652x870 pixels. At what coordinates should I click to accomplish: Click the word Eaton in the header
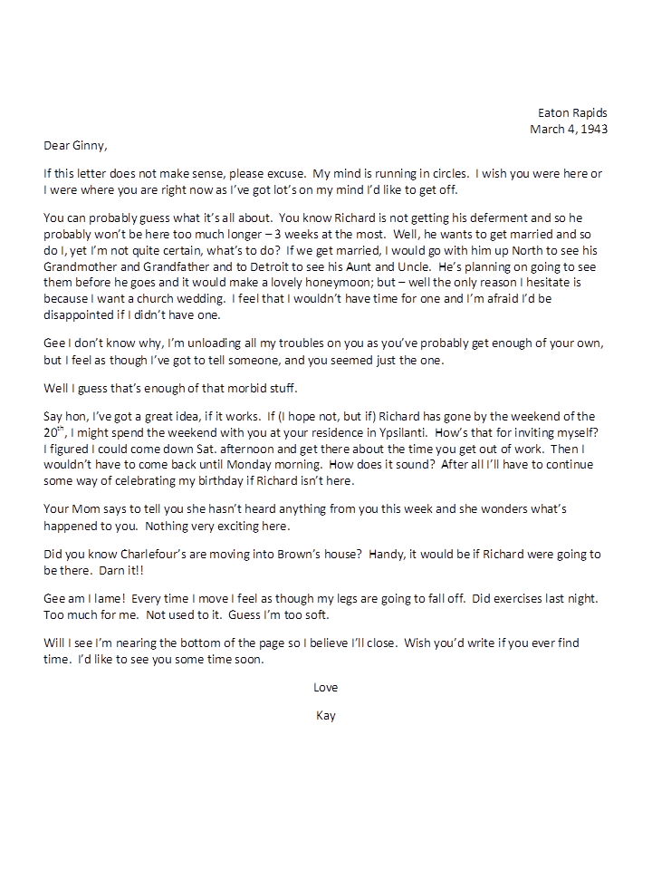(x=553, y=112)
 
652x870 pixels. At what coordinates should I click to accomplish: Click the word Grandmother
(x=83, y=267)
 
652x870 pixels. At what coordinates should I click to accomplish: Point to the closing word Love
(x=325, y=688)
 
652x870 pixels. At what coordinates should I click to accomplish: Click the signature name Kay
(x=325, y=715)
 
